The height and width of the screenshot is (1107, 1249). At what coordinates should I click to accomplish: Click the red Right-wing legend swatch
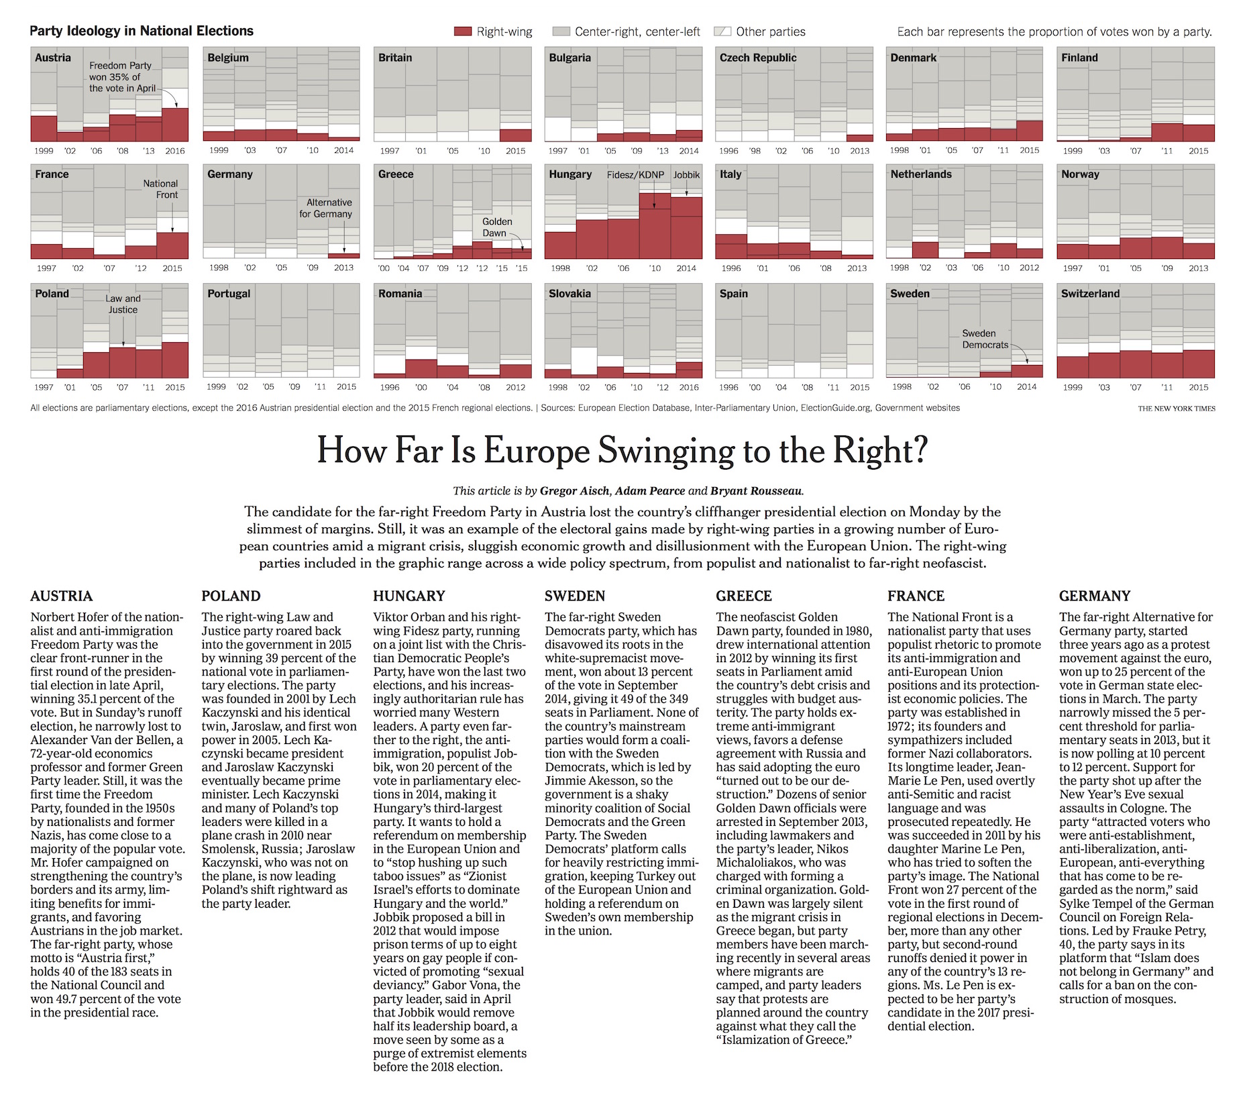463,32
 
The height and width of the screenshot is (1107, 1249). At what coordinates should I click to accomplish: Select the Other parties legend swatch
722,32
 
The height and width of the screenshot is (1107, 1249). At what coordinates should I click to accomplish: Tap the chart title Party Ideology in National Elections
142,31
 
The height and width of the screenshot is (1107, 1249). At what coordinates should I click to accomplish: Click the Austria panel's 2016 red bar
175,124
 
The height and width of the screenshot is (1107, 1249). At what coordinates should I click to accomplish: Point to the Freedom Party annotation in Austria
122,76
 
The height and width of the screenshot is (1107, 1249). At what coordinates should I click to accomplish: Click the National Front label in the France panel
160,189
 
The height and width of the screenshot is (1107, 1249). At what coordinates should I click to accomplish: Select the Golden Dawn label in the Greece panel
497,227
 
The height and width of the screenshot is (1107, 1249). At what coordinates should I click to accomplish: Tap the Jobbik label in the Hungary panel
686,175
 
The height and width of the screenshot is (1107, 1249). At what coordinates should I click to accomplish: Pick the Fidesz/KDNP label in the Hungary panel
635,175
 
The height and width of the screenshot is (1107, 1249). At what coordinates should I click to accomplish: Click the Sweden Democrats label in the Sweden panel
985,339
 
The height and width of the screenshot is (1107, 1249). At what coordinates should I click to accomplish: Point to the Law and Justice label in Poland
123,304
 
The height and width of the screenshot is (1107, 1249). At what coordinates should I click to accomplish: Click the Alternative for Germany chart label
325,208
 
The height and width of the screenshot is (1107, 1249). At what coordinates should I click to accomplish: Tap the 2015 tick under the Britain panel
515,151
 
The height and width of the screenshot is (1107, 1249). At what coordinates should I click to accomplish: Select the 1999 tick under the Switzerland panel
1073,387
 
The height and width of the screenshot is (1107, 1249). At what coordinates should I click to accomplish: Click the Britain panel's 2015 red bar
516,135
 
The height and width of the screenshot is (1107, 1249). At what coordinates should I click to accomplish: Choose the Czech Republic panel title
758,58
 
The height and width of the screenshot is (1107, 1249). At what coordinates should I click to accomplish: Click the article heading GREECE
743,596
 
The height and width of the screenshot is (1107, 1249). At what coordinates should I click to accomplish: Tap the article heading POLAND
231,596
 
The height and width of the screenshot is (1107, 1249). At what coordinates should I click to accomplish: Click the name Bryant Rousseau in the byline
757,490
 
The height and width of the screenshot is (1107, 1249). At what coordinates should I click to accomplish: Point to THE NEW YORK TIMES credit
1177,409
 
